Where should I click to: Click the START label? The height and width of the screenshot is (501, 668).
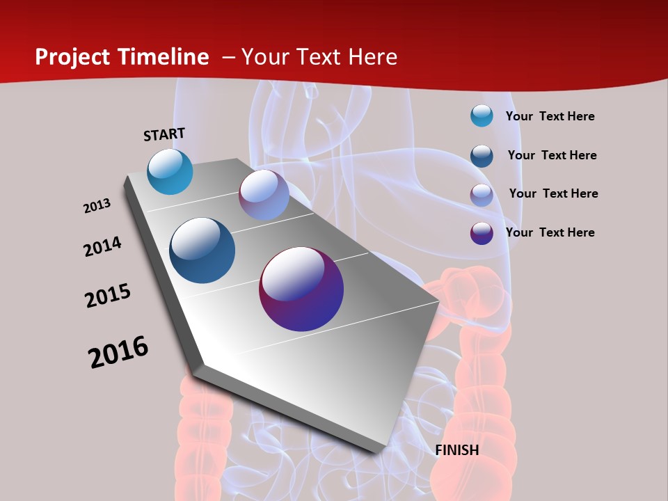click(x=164, y=134)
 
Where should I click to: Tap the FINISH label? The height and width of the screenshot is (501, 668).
click(x=457, y=450)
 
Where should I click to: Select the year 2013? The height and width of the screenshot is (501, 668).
click(x=97, y=206)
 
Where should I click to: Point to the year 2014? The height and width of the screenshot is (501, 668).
click(x=102, y=246)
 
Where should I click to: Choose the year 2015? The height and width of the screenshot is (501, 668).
click(x=108, y=296)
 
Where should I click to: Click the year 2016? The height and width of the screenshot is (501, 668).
click(x=118, y=352)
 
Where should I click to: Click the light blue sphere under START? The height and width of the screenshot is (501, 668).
click(x=170, y=171)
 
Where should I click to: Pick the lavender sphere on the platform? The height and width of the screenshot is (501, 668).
click(x=264, y=195)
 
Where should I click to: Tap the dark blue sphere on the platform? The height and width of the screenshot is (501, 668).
click(x=202, y=250)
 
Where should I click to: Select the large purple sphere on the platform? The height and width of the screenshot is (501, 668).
click(x=301, y=289)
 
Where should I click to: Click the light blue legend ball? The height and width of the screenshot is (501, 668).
click(x=482, y=116)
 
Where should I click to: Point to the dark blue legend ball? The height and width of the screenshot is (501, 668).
click(x=482, y=155)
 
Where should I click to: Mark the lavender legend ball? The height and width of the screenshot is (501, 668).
click(x=482, y=194)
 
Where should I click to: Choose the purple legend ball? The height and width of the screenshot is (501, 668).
click(x=482, y=233)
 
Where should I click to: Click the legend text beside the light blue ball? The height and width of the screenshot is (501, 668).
click(x=550, y=116)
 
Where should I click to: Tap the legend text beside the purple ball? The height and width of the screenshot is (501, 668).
click(x=550, y=232)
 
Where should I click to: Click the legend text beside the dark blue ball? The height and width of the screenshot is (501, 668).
click(x=552, y=155)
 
